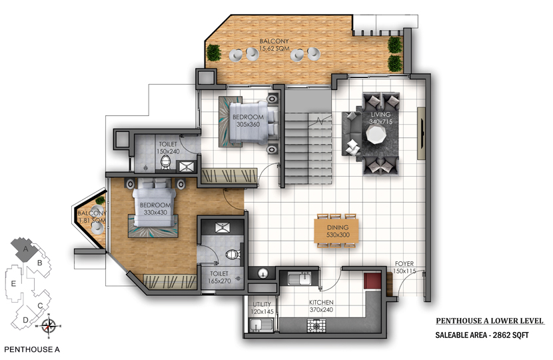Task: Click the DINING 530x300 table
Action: point(336,231)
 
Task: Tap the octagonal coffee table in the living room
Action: point(376,135)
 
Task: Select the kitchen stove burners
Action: point(317,325)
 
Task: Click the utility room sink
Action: point(261,325)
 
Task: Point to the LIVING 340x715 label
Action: point(380,118)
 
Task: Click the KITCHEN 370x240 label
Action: point(321,306)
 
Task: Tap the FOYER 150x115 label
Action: point(404,267)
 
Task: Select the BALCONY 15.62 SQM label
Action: point(274,45)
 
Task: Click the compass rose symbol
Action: point(49,326)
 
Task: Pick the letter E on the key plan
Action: point(13,283)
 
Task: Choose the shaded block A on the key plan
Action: point(24,249)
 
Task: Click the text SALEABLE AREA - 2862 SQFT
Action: point(482,335)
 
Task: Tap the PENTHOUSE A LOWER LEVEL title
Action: point(490,321)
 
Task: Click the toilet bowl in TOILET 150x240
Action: point(165,163)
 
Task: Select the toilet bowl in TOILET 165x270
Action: point(233,254)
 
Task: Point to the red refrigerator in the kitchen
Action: point(373,281)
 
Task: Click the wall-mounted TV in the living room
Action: point(422,133)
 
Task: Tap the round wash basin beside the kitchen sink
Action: point(262,273)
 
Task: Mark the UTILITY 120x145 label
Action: point(262,308)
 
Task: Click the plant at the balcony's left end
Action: point(213,53)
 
